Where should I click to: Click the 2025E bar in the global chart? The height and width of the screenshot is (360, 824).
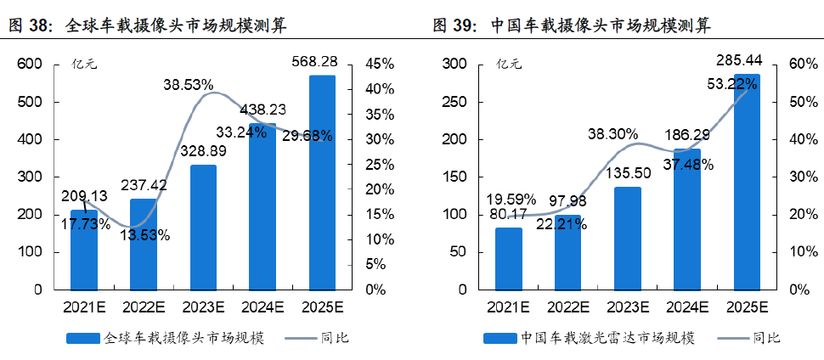click(322, 183)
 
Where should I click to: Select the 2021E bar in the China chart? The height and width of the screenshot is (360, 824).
click(508, 258)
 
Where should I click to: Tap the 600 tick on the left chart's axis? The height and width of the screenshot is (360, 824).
click(30, 65)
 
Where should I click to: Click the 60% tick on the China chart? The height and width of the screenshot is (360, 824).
click(802, 65)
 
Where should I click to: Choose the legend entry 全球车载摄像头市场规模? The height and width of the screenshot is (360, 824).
click(183, 338)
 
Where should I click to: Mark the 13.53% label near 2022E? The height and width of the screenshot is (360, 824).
click(143, 235)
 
